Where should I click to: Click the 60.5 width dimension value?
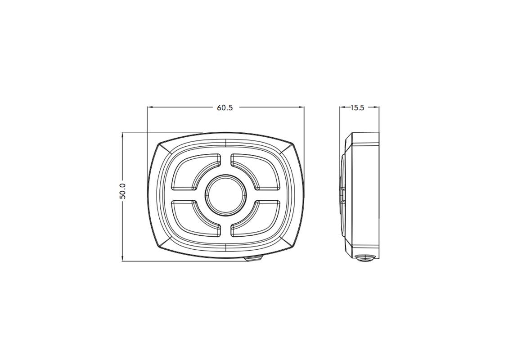click(x=225, y=108)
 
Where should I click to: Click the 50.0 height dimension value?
click(x=123, y=191)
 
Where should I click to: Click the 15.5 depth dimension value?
click(x=357, y=108)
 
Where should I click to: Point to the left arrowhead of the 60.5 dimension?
click(x=150, y=107)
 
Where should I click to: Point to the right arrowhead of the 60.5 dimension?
click(x=302, y=107)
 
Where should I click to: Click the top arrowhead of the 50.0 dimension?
click(x=122, y=135)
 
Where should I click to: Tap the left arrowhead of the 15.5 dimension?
click(x=342, y=107)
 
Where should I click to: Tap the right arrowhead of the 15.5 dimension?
click(x=377, y=107)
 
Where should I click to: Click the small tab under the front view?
click(x=253, y=259)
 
